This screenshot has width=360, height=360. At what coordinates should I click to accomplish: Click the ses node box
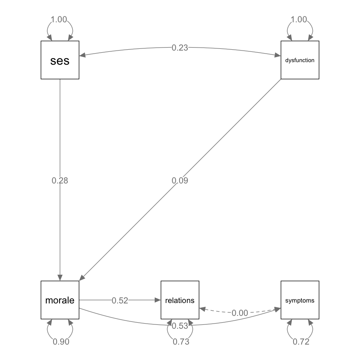pos(60,60)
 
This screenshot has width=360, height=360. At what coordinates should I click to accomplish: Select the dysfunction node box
pos(300,60)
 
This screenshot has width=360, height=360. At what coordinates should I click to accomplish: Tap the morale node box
pos(60,300)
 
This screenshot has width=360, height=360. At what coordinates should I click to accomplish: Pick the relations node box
pos(180,300)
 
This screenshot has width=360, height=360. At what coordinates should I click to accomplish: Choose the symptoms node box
pos(300,300)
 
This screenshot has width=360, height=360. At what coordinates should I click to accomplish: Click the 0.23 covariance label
pos(180,48)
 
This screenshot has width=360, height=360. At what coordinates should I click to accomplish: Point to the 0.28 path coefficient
pos(60,180)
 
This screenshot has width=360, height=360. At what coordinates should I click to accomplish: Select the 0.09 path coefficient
pos(180,180)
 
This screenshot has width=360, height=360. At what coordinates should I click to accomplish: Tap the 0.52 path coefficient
pos(120,300)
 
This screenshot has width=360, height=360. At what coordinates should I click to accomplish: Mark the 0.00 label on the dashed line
pos(240,313)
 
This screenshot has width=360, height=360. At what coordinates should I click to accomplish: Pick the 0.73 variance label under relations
pos(180,342)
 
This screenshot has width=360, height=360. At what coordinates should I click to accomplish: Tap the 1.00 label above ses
pos(59,19)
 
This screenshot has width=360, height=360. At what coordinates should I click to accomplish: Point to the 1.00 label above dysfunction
pos(299,19)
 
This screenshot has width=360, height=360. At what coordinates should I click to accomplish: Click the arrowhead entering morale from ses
pos(60,277)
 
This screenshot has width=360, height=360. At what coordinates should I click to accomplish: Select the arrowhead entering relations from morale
pos(157,300)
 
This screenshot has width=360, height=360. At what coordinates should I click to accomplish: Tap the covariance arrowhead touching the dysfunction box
pos(277,55)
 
